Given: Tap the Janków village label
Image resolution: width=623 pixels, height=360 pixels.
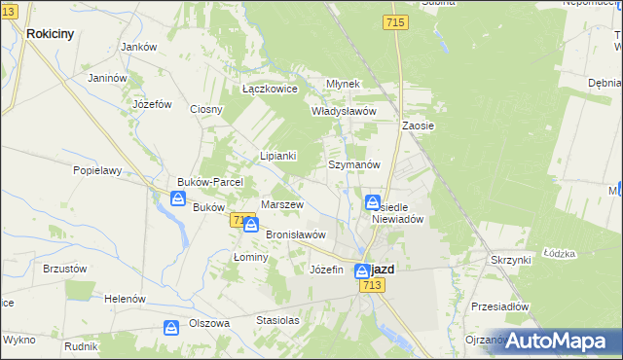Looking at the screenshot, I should [x=138, y=47].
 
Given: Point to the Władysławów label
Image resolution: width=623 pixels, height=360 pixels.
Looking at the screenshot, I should [x=343, y=111].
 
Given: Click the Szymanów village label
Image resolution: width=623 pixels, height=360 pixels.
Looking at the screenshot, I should [x=353, y=165].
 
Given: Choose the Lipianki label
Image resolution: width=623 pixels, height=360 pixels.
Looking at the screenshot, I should [x=277, y=156].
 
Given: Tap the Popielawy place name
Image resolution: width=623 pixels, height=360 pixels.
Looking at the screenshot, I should [x=97, y=170].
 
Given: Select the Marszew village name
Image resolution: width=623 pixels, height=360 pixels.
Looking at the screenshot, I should [x=283, y=205].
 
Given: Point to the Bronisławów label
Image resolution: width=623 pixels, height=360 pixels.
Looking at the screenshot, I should [x=295, y=234].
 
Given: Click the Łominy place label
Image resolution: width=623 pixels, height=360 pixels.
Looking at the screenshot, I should [x=251, y=257].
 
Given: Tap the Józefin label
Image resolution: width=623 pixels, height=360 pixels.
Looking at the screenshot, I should [x=326, y=270].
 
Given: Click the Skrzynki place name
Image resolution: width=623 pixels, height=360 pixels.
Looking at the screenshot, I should [x=511, y=261].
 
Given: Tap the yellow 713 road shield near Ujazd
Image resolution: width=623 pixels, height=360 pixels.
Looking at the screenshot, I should [x=370, y=285].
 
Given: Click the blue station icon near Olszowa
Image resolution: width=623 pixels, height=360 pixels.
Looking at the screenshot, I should [x=171, y=328].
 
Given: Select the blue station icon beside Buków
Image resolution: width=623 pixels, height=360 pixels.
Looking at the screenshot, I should [x=178, y=198].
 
